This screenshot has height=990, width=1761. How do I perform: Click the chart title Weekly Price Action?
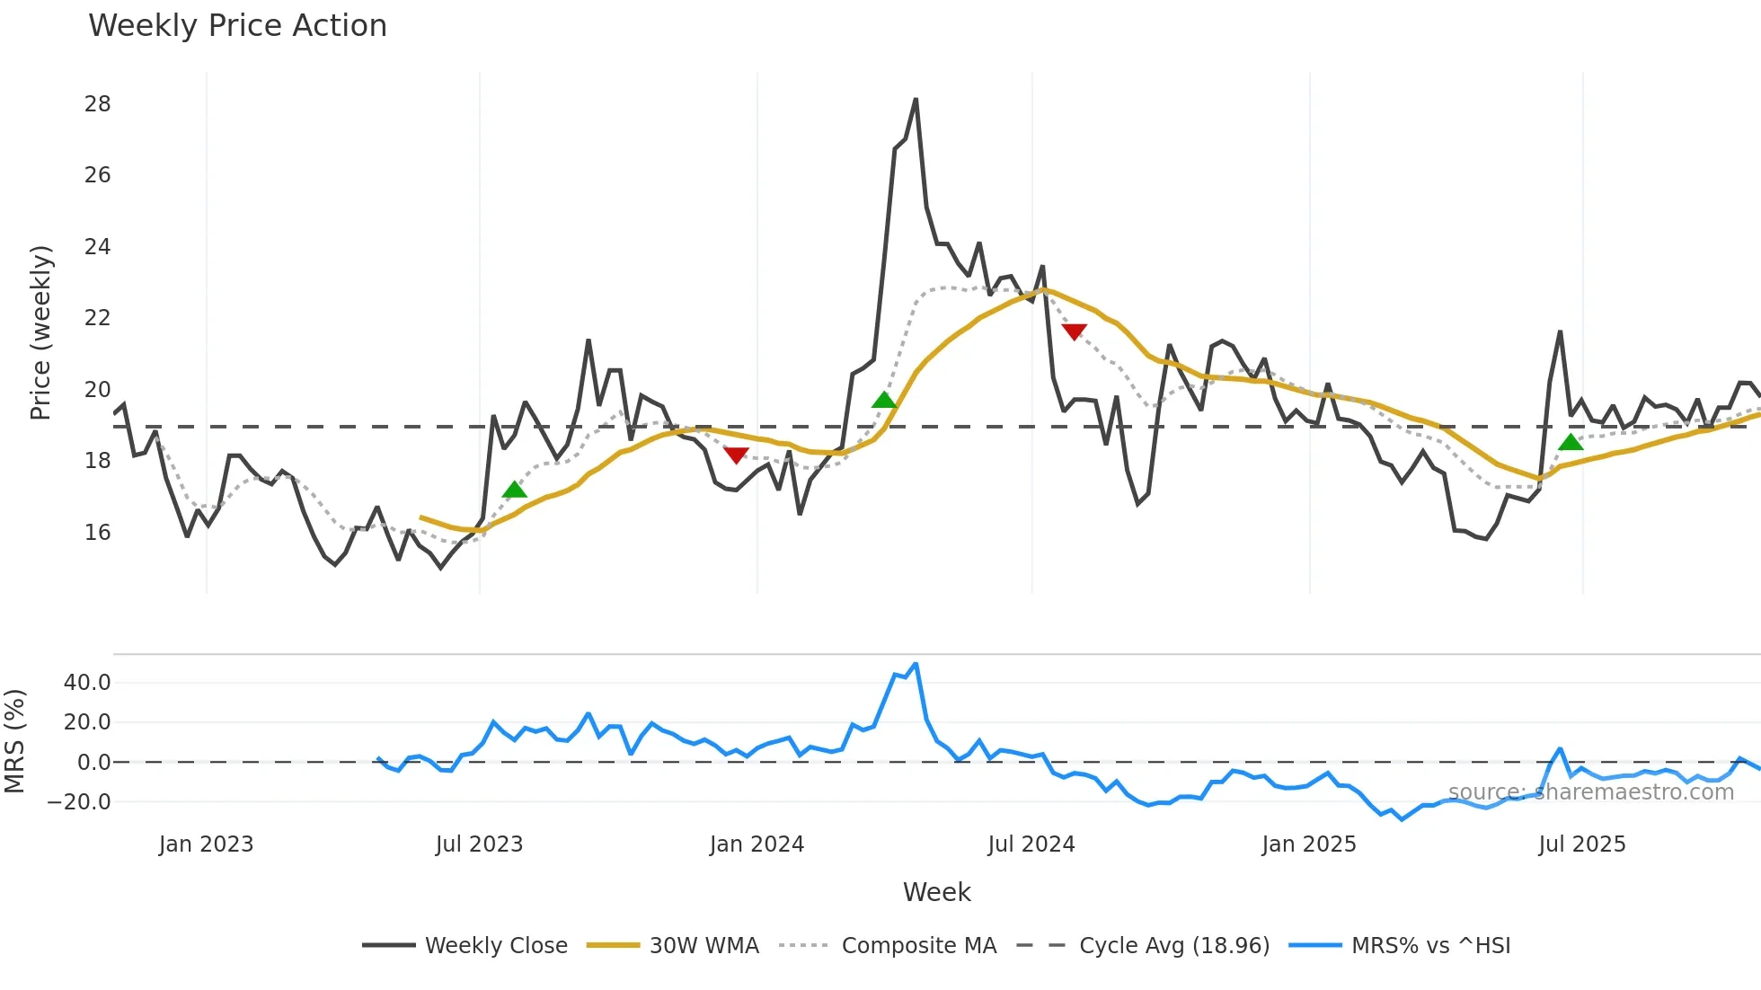pos(237,26)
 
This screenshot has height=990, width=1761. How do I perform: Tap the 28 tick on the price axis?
pos(98,104)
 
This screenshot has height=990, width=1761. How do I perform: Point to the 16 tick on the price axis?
pos(98,533)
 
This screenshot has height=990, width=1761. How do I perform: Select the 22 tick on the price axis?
pos(98,318)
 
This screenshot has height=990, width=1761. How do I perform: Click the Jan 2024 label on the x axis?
pos(757,844)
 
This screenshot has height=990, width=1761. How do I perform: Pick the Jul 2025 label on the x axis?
pos(1581,844)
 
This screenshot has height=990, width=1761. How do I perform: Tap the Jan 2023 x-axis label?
pos(206,844)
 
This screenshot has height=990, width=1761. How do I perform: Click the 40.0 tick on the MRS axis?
pos(87,683)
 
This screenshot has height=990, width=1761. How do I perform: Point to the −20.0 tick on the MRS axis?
pos(80,802)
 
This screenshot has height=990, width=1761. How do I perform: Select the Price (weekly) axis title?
pos(41,332)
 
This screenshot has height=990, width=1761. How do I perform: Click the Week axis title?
pos(936,892)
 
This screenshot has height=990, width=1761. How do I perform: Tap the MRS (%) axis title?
pos(14,741)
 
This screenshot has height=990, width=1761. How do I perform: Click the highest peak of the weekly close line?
pos(916,100)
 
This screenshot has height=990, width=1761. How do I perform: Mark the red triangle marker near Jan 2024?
pos(736,455)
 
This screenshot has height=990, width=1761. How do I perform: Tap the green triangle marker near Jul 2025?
pos(1571,442)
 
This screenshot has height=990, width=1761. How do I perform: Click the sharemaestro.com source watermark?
pos(1590,792)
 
